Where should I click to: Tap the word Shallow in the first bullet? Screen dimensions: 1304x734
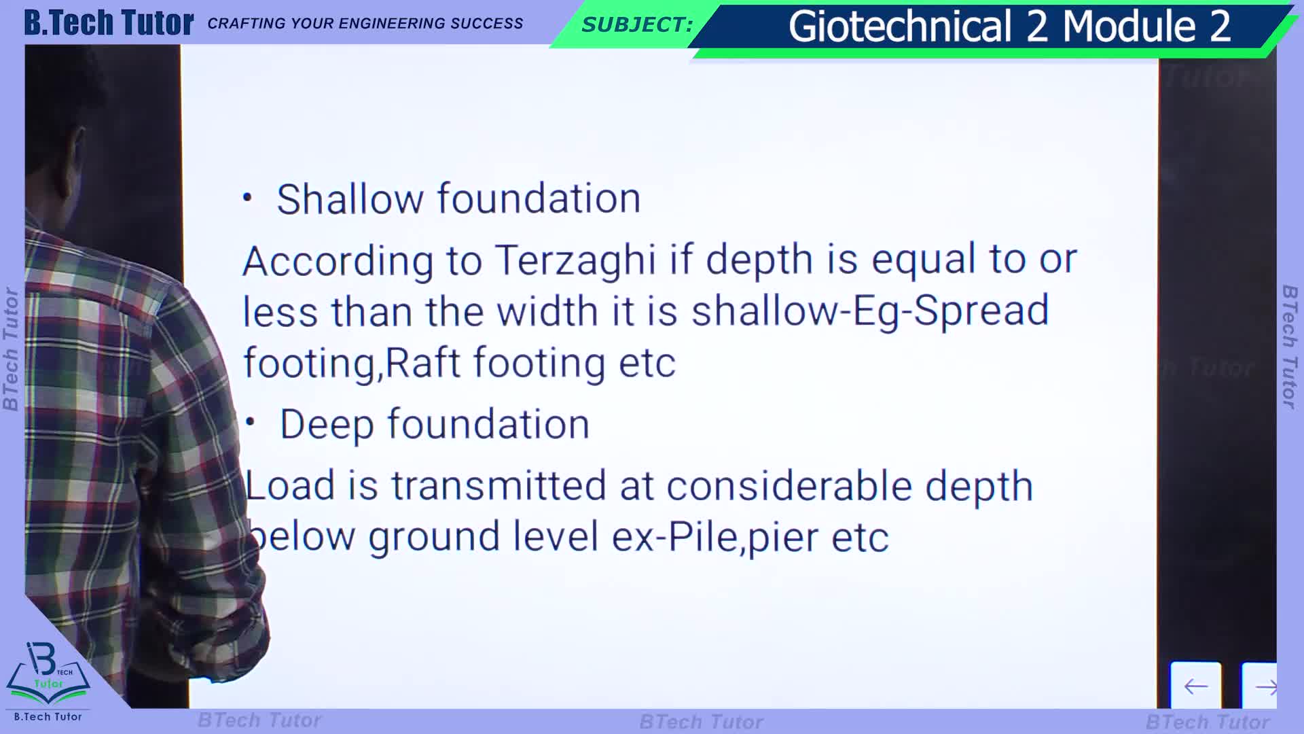pos(350,199)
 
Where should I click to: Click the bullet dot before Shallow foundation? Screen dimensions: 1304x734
pos(247,198)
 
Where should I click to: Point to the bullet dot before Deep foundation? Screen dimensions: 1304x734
pos(250,422)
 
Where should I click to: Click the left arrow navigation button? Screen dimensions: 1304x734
pos(1195,686)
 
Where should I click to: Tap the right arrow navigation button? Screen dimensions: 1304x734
pos(1261,686)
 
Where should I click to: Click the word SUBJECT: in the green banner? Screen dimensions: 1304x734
pos(637,25)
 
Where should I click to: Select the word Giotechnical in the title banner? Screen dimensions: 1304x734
pos(900,27)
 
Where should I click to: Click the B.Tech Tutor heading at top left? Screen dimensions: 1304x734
pos(109,22)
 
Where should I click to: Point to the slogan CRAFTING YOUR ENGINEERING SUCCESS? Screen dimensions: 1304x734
pos(365,24)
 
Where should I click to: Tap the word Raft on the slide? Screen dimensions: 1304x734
pos(422,362)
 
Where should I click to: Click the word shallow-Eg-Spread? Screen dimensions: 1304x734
pos(870,312)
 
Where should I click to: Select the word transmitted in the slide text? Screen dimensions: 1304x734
pos(499,486)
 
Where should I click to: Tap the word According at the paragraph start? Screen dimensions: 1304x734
pos(338,262)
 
